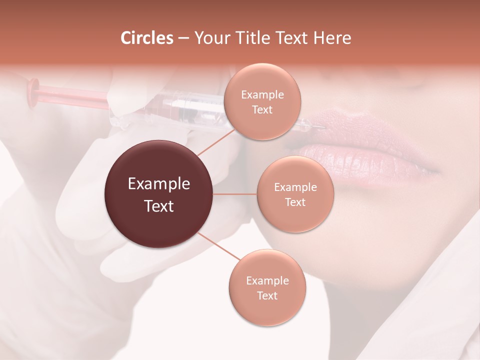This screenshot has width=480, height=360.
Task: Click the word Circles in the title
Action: point(146,38)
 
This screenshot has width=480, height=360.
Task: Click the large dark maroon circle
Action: point(158,194)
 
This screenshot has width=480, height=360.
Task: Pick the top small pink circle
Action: point(262,102)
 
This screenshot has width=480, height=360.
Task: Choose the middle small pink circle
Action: point(295,194)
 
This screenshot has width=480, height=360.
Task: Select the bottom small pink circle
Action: point(267,287)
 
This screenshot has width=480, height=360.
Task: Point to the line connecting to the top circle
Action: point(215,141)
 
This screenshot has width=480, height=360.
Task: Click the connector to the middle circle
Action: point(235,194)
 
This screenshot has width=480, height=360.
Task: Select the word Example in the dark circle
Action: point(158,184)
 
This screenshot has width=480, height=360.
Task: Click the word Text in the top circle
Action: point(262,109)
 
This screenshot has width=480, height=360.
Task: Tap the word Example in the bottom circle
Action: point(267,280)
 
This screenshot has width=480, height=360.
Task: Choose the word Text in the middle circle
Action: point(295,202)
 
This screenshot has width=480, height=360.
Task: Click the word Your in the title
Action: point(209,38)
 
